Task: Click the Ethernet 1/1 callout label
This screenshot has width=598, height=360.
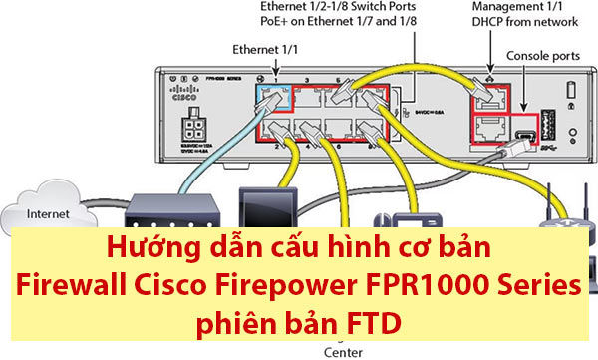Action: (264, 48)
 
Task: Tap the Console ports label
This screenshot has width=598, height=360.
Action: (545, 58)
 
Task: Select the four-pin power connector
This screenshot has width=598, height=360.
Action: (193, 135)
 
